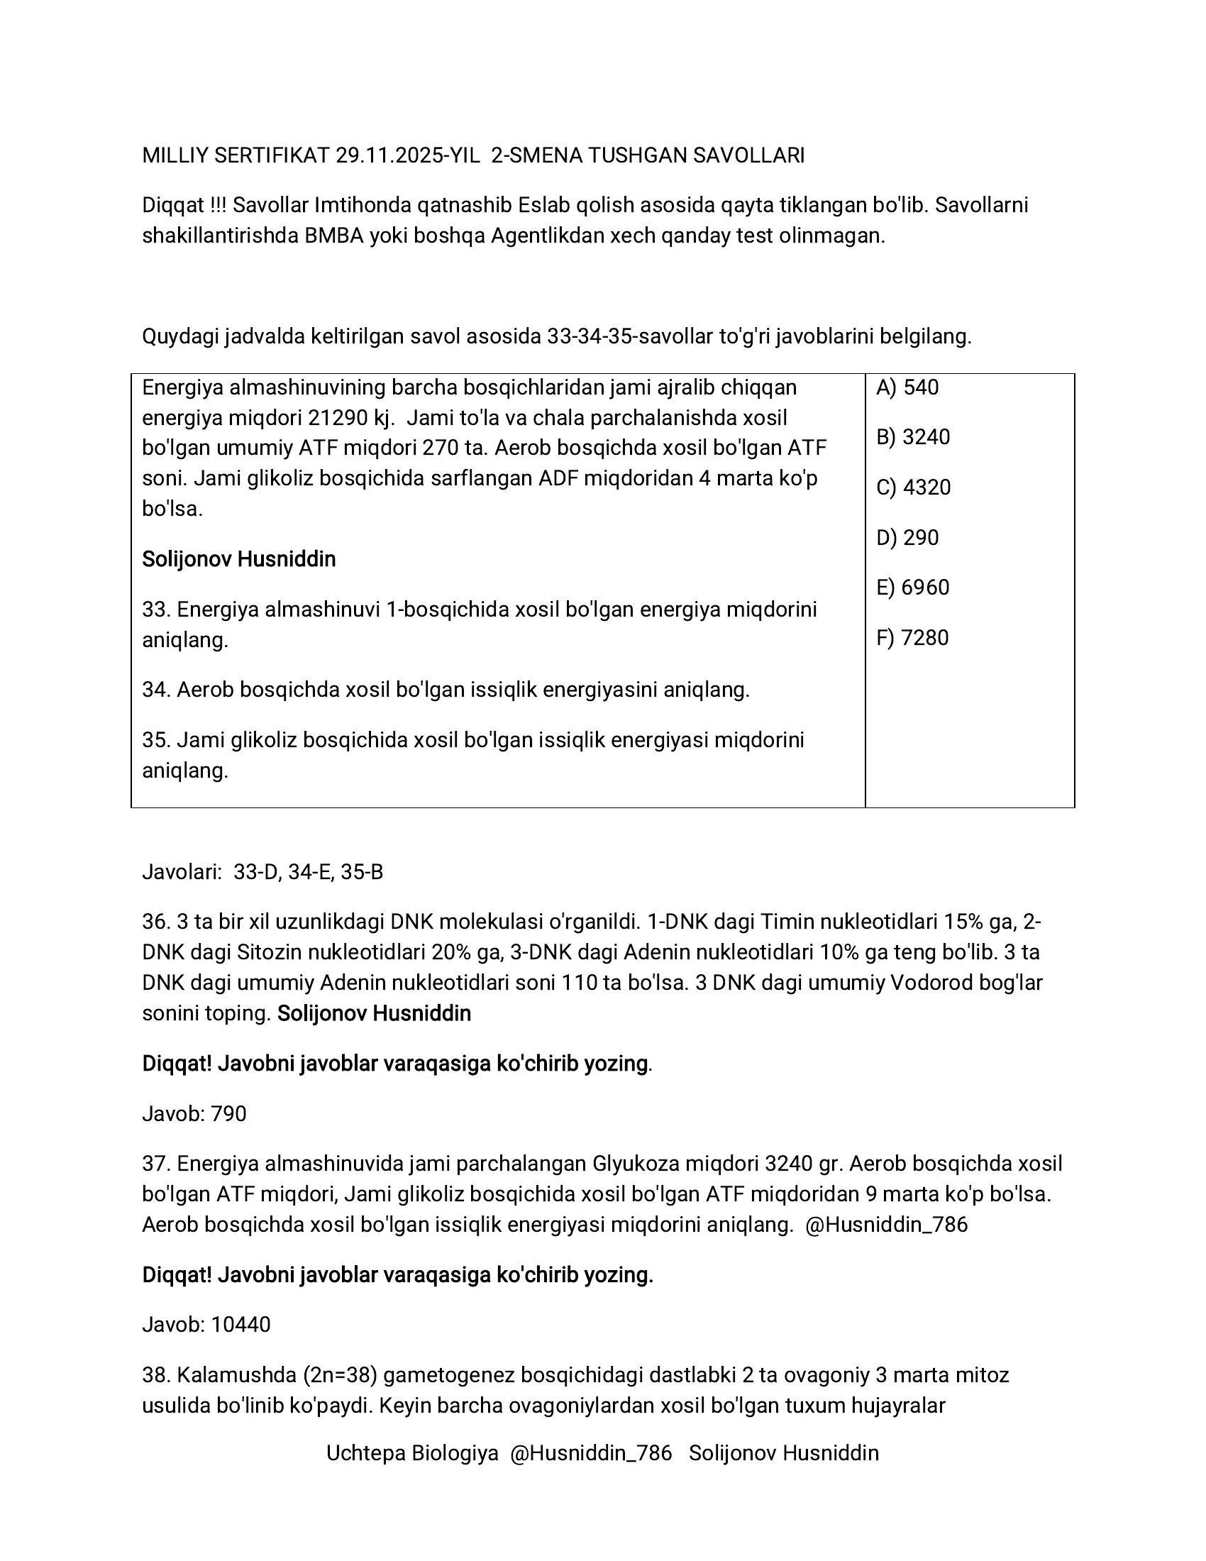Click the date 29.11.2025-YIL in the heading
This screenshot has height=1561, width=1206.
[407, 156]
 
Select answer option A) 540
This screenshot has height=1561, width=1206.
[907, 387]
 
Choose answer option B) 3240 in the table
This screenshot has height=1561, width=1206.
[913, 437]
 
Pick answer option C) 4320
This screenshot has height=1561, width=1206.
[913, 487]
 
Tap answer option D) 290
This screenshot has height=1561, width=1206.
[907, 538]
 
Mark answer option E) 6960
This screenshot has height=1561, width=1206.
[912, 588]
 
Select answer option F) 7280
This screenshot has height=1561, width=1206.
[912, 638]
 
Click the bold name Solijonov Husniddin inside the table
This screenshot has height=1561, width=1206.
[238, 559]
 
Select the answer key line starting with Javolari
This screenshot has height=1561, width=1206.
[262, 872]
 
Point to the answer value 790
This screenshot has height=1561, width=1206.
[228, 1113]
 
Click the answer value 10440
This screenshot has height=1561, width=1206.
[240, 1325]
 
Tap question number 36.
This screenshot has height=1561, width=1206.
[155, 922]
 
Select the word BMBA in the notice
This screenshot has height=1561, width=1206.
[333, 236]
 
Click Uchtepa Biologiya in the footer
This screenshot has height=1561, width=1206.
[412, 1453]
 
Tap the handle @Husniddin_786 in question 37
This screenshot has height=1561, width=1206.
[886, 1225]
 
